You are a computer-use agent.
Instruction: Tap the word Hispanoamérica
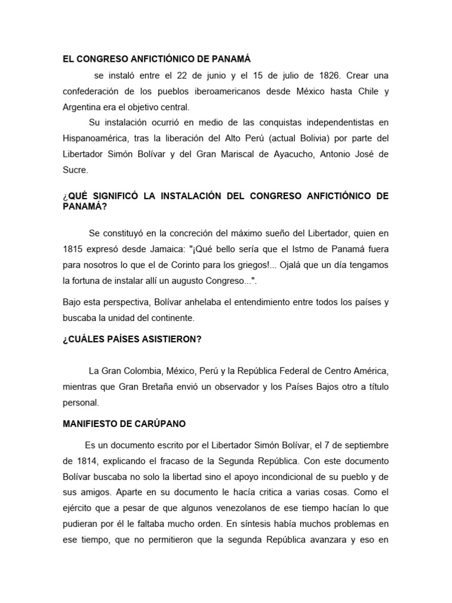click(98, 138)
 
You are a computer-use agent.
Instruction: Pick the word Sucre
click(75, 170)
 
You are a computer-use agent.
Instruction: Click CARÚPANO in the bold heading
click(162, 424)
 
